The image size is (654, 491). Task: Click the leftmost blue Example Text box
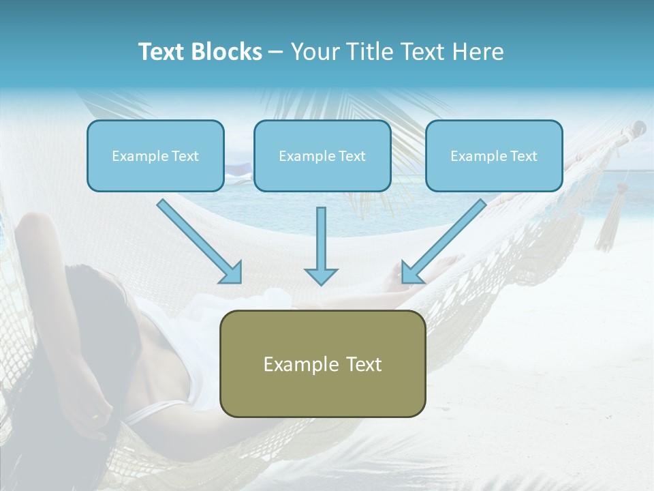click(x=155, y=155)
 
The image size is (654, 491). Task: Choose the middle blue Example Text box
click(x=322, y=155)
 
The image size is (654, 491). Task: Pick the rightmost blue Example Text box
click(x=494, y=155)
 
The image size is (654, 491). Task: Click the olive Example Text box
click(x=322, y=363)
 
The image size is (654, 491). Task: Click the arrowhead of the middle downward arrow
click(x=321, y=276)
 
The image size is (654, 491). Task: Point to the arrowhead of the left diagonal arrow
click(x=232, y=273)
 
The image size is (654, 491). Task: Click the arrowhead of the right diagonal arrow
click(x=411, y=273)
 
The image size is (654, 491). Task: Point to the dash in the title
click(x=276, y=52)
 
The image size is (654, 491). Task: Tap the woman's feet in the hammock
click(x=446, y=263)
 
